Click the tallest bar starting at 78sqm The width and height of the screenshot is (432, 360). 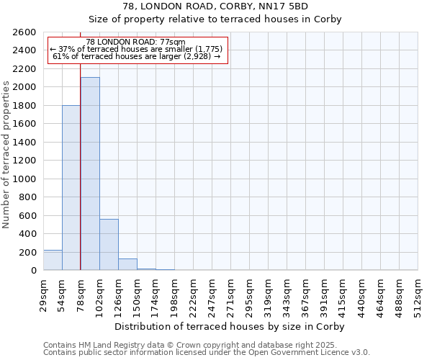(90, 174)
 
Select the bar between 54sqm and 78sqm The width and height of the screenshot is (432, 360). (71, 188)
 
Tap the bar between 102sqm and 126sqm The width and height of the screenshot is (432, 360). (109, 244)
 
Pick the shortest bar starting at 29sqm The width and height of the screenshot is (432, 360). (53, 260)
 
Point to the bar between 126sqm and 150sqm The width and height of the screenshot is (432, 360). (127, 264)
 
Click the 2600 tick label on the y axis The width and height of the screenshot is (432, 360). (25, 32)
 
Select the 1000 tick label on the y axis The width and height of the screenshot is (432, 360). (25, 179)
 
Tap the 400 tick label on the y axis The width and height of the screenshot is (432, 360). (28, 234)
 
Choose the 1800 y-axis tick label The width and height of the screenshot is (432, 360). (25, 106)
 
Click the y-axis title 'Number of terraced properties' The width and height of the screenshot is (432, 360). (6, 155)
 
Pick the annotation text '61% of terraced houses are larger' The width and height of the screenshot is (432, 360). (137, 56)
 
